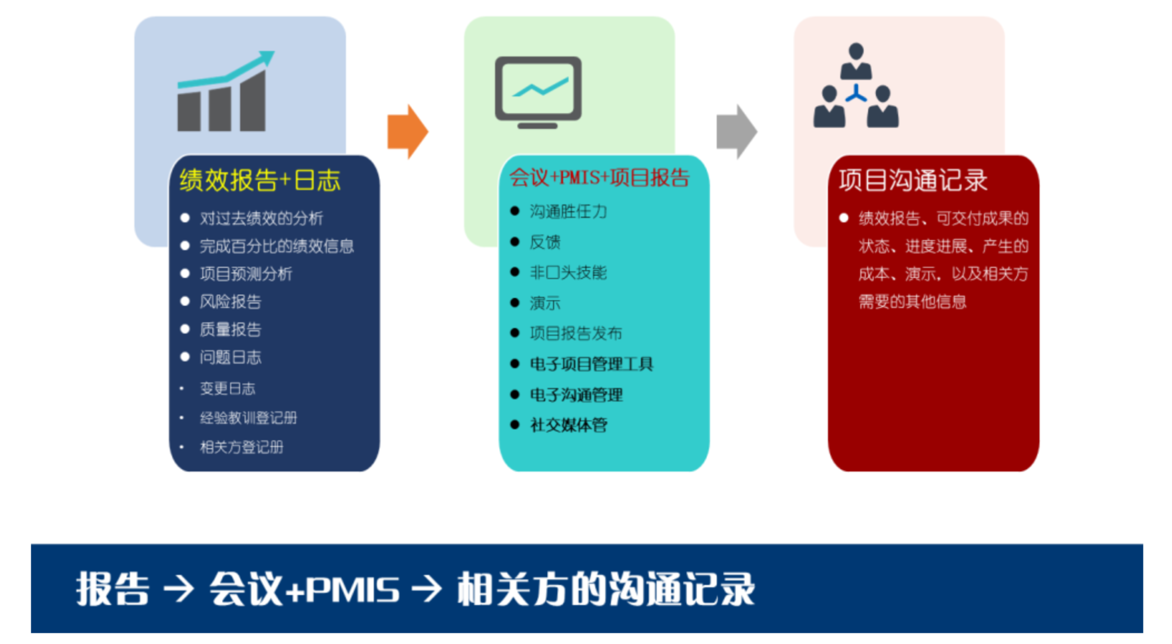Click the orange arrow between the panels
pyautogui.click(x=407, y=132)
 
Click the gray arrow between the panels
pyautogui.click(x=736, y=132)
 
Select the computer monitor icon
pyautogui.click(x=538, y=92)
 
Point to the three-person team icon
pyautogui.click(x=855, y=87)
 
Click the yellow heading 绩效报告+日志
pyautogui.click(x=260, y=180)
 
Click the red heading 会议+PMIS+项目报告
pyautogui.click(x=599, y=177)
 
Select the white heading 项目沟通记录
pyautogui.click(x=913, y=180)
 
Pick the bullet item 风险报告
pyautogui.click(x=230, y=302)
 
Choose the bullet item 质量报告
pyautogui.click(x=230, y=329)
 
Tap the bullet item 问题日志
pyautogui.click(x=230, y=357)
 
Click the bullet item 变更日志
pyautogui.click(x=227, y=388)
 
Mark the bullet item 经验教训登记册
pyautogui.click(x=249, y=417)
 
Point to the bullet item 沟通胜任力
pyautogui.click(x=568, y=212)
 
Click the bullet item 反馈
pyautogui.click(x=545, y=242)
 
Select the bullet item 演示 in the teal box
pyautogui.click(x=545, y=303)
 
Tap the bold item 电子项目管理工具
pyautogui.click(x=591, y=364)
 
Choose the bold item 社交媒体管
pyautogui.click(x=568, y=425)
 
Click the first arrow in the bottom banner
pyautogui.click(x=178, y=589)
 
